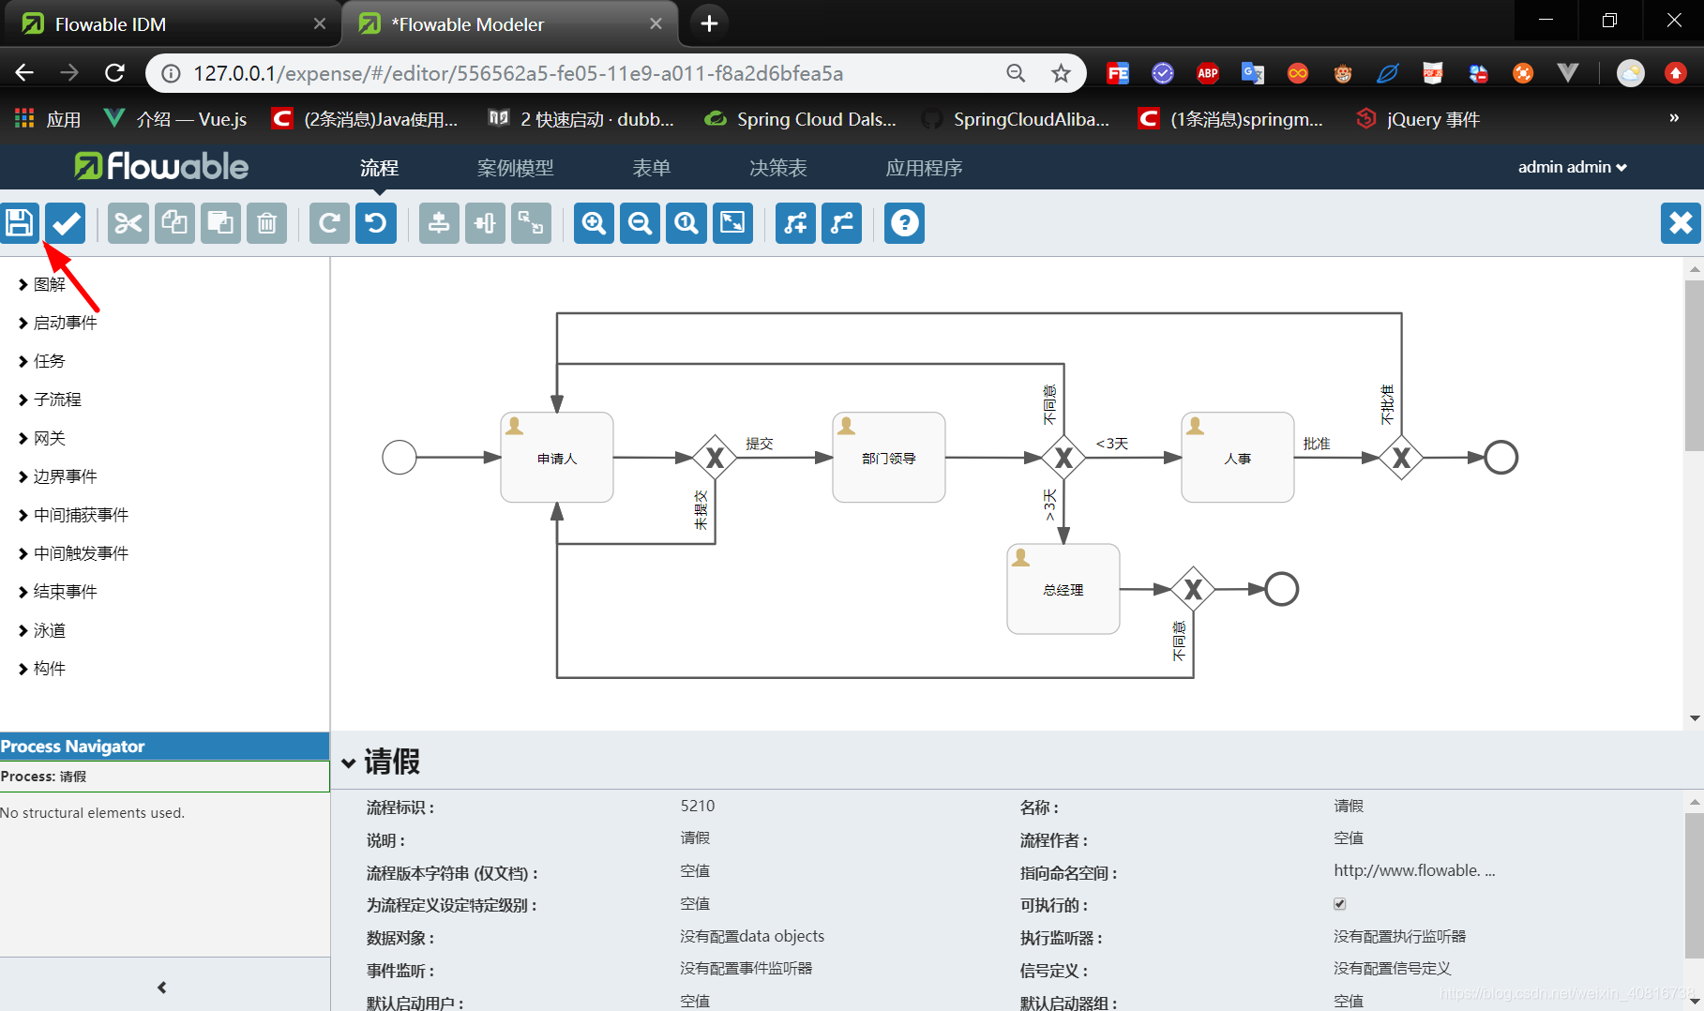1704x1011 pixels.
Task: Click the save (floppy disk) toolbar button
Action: click(x=20, y=223)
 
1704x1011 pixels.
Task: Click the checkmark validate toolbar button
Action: click(x=66, y=223)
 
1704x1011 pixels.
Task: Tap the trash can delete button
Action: click(x=266, y=223)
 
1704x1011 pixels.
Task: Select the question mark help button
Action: click(x=904, y=223)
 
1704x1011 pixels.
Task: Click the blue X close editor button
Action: click(x=1680, y=223)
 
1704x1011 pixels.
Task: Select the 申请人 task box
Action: click(x=557, y=458)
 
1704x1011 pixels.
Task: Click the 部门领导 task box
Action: click(x=888, y=458)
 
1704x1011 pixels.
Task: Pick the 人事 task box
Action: click(x=1237, y=458)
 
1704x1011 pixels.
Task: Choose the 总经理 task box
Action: click(x=1063, y=589)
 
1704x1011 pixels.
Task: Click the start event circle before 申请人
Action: click(x=400, y=458)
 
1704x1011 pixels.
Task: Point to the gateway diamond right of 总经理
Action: click(x=1193, y=589)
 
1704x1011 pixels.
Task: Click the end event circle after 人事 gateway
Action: click(x=1500, y=458)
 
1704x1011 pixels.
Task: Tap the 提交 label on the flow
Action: click(x=760, y=444)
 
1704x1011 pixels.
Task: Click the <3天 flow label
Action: click(x=1112, y=444)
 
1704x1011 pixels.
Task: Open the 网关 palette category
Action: click(x=50, y=438)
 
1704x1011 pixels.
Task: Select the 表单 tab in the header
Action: click(x=651, y=168)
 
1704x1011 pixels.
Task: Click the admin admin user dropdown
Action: click(x=1572, y=167)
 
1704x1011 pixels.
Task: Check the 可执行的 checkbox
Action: click(x=1340, y=904)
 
